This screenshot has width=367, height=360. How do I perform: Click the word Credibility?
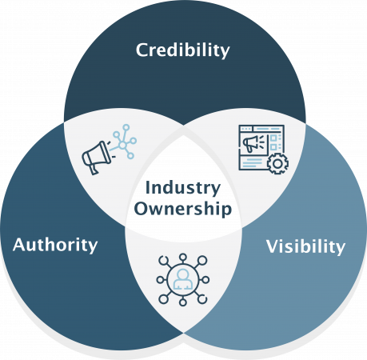[x=182, y=50]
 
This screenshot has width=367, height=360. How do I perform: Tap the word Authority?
[x=55, y=245]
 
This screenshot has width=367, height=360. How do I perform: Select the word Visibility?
[x=305, y=246]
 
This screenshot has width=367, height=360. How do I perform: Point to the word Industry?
[x=183, y=188]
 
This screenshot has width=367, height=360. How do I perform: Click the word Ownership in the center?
[x=183, y=209]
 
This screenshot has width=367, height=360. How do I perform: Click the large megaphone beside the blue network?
[x=96, y=158]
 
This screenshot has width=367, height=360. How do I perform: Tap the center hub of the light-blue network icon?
[x=122, y=145]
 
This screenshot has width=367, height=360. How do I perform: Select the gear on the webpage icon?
[x=277, y=163]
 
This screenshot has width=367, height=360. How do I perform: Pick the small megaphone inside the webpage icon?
[x=251, y=143]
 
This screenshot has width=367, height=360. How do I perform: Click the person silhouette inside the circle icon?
[x=182, y=279]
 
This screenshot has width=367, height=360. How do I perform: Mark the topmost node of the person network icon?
[x=182, y=257]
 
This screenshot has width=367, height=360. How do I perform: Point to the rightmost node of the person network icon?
[x=205, y=280]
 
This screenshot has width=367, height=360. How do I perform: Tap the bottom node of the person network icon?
[x=182, y=302]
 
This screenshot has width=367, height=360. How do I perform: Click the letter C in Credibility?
[x=142, y=50]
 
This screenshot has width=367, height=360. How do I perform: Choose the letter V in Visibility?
[x=273, y=246]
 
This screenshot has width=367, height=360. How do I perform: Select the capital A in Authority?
[x=20, y=245]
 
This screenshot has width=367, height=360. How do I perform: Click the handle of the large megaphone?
[x=93, y=169]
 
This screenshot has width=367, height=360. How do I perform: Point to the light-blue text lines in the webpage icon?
[x=253, y=162]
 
